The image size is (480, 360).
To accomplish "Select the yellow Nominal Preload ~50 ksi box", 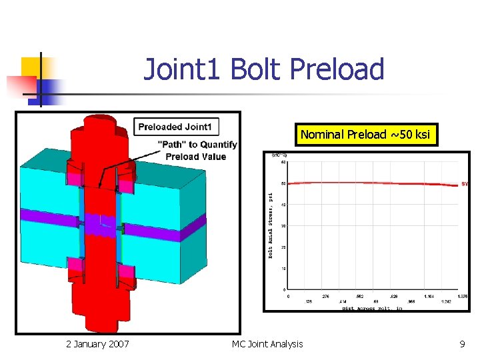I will (x=367, y=135).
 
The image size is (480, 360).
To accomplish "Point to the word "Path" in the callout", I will (x=173, y=145).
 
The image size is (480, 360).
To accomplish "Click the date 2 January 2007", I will (x=97, y=344).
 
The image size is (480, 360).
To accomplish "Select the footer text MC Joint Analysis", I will (x=267, y=344).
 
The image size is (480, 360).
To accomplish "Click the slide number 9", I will (x=462, y=344).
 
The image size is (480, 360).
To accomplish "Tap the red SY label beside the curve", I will (x=465, y=183).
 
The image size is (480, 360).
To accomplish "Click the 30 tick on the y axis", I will (x=283, y=226).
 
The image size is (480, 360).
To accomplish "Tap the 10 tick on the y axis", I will (x=283, y=269).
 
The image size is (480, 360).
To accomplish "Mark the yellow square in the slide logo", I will (x=31, y=66).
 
